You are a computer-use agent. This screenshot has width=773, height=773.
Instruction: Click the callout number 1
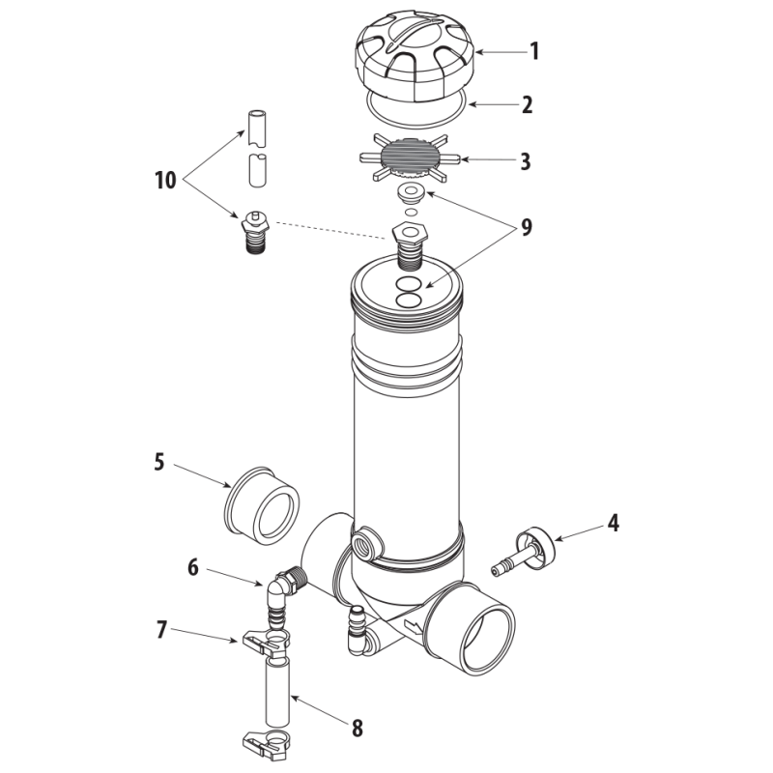pyautogui.click(x=534, y=51)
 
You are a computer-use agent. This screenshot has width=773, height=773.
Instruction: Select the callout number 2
pyautogui.click(x=527, y=105)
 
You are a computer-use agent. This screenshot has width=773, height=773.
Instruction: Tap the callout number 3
pyautogui.click(x=526, y=161)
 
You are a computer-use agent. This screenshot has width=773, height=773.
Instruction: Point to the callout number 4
pyautogui.click(x=613, y=523)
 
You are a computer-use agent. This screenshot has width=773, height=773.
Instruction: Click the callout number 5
pyautogui.click(x=158, y=463)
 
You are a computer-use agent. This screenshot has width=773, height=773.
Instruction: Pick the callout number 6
pyautogui.click(x=192, y=567)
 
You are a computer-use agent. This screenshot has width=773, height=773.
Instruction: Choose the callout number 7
pyautogui.click(x=161, y=630)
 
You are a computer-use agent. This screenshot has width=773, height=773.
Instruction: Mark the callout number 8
pyautogui.click(x=358, y=728)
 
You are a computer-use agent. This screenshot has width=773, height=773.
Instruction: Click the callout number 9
pyautogui.click(x=527, y=227)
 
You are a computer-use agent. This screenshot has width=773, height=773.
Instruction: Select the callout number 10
pyautogui.click(x=165, y=181)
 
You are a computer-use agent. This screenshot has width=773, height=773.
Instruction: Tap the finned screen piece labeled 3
pyautogui.click(x=410, y=158)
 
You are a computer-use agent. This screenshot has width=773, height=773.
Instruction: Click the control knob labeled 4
pyautogui.click(x=524, y=551)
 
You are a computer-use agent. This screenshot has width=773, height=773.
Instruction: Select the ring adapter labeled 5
pyautogui.click(x=262, y=505)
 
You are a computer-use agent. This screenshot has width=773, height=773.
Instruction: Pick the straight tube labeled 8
pyautogui.click(x=277, y=693)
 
